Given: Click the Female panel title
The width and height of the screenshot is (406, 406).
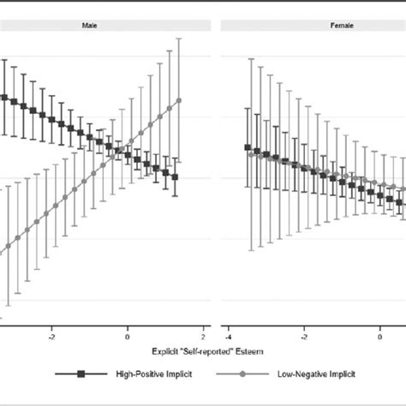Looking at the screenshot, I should [313, 27].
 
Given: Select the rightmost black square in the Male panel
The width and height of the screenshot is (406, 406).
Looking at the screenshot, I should [175, 177].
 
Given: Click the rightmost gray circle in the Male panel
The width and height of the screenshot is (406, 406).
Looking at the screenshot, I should [179, 100].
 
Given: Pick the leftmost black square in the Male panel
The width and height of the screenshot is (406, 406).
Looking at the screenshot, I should [4, 98].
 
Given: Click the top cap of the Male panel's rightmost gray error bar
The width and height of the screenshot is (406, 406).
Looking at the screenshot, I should [179, 38].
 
